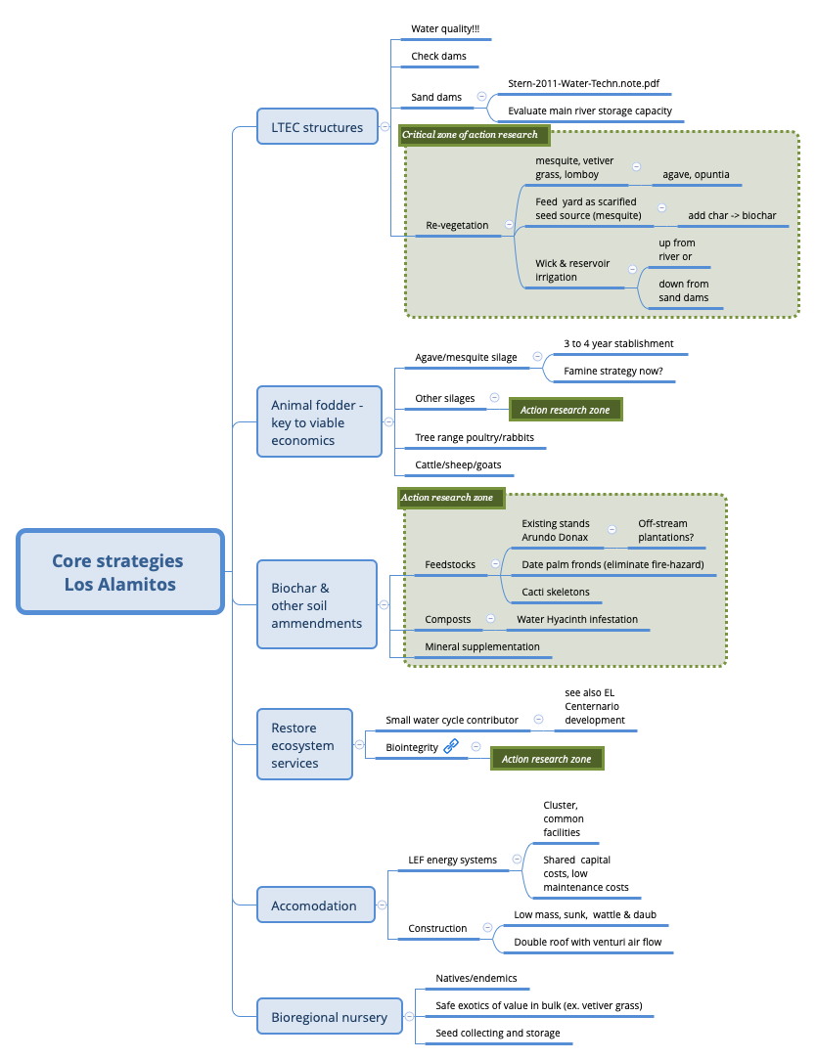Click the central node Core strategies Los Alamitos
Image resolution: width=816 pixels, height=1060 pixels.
point(119,572)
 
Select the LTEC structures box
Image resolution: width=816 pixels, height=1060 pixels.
point(316,127)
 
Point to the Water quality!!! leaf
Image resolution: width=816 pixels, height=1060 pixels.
point(437,30)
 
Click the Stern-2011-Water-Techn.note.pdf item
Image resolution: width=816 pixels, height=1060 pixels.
point(576,84)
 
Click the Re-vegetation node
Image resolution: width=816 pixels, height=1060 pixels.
point(457,226)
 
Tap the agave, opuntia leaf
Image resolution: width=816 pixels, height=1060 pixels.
point(696,175)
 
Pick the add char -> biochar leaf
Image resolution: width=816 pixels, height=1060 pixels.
point(732,215)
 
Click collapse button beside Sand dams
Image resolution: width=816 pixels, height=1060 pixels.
point(481,97)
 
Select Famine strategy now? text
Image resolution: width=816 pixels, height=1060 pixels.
point(612,372)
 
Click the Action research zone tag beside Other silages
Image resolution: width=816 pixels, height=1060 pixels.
point(566,411)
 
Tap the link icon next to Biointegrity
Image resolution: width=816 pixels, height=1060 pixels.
point(451,747)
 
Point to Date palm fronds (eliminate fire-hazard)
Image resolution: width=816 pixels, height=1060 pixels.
point(612,565)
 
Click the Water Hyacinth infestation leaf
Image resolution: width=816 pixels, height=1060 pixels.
point(577,620)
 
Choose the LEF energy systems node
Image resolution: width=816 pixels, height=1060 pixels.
point(452,861)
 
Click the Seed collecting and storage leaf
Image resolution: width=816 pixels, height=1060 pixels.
point(498,1034)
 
